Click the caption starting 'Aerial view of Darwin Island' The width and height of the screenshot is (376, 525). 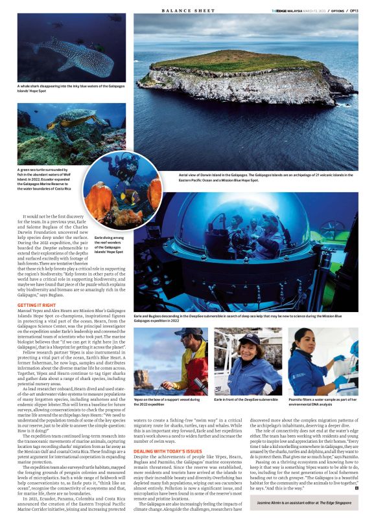(266, 177)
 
